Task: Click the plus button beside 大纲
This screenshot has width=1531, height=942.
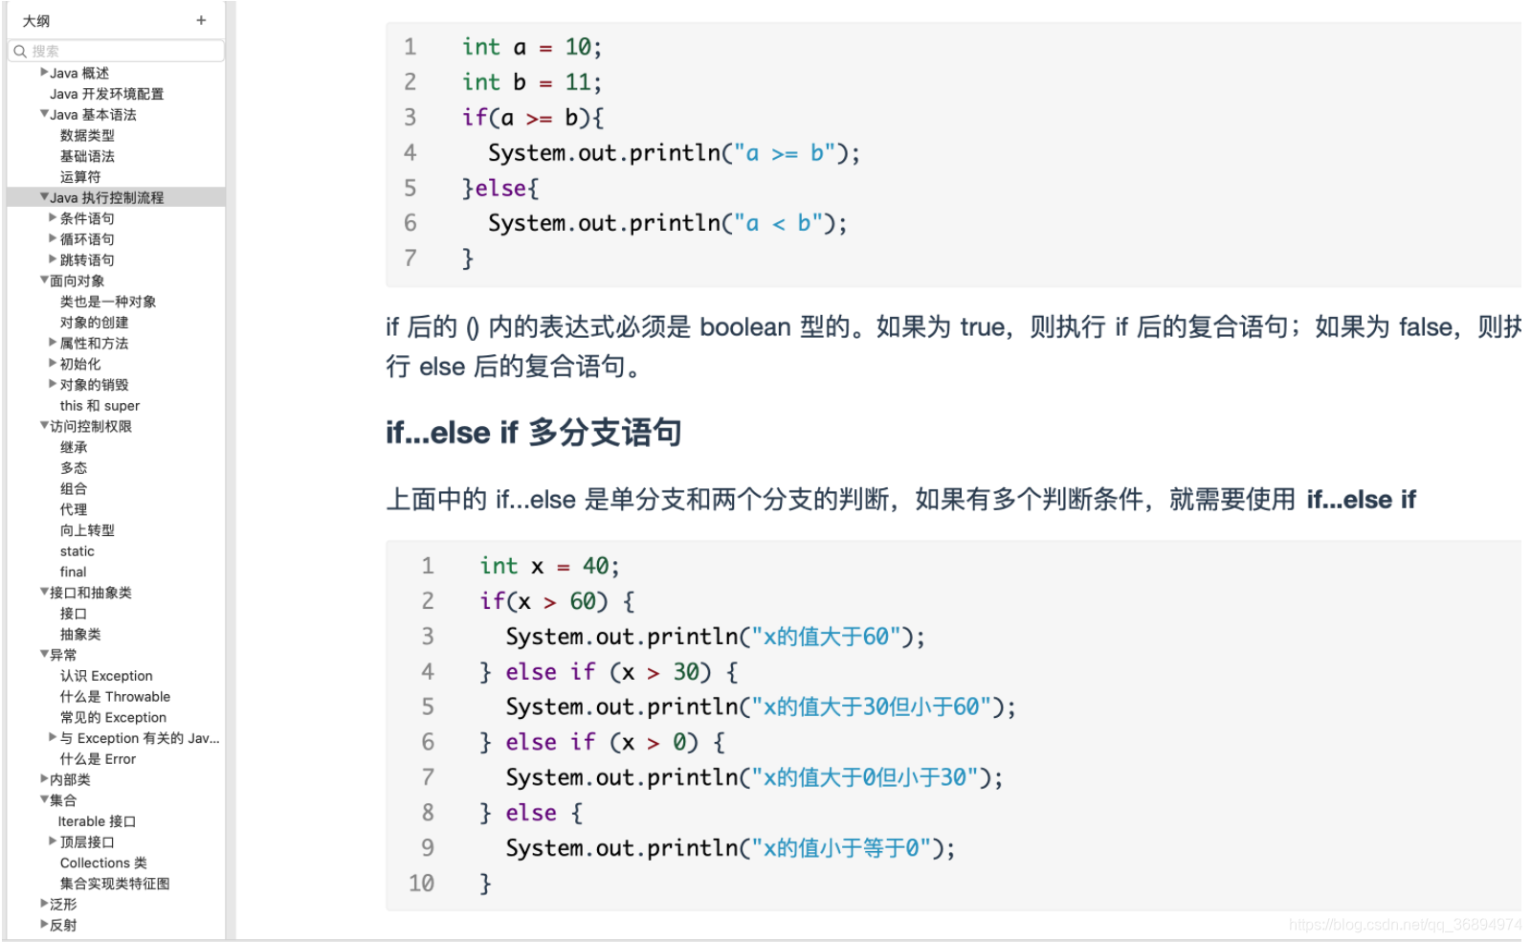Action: click(201, 20)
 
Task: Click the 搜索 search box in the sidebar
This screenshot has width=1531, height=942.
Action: click(117, 51)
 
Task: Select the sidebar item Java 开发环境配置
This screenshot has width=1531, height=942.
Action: click(106, 94)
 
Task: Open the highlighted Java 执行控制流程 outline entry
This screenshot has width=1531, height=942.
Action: click(106, 197)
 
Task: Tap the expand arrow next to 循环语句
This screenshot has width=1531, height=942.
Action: click(53, 238)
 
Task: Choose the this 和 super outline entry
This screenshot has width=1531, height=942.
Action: click(100, 406)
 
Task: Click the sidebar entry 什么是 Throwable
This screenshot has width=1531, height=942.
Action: click(115, 697)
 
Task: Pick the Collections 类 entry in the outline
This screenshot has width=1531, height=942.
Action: click(103, 863)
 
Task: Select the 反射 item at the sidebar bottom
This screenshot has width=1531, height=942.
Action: click(63, 925)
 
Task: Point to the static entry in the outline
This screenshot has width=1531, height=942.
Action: click(78, 551)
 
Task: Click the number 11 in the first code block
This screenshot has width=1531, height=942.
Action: click(577, 82)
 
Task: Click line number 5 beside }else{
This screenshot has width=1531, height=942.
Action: click(410, 188)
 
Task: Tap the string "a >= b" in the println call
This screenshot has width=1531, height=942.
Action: click(784, 153)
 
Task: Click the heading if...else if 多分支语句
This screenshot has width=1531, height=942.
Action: click(533, 433)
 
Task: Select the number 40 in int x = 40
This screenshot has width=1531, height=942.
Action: click(595, 566)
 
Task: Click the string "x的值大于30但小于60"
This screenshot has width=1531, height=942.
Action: click(871, 707)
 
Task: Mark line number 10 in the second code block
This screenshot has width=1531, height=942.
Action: click(421, 883)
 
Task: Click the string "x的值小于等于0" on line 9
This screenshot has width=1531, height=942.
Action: click(841, 848)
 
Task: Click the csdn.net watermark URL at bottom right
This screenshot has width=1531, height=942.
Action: click(1404, 925)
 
